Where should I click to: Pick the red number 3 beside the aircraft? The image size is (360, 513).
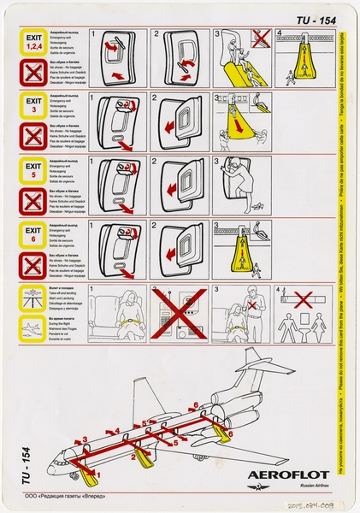tap(84, 439)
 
